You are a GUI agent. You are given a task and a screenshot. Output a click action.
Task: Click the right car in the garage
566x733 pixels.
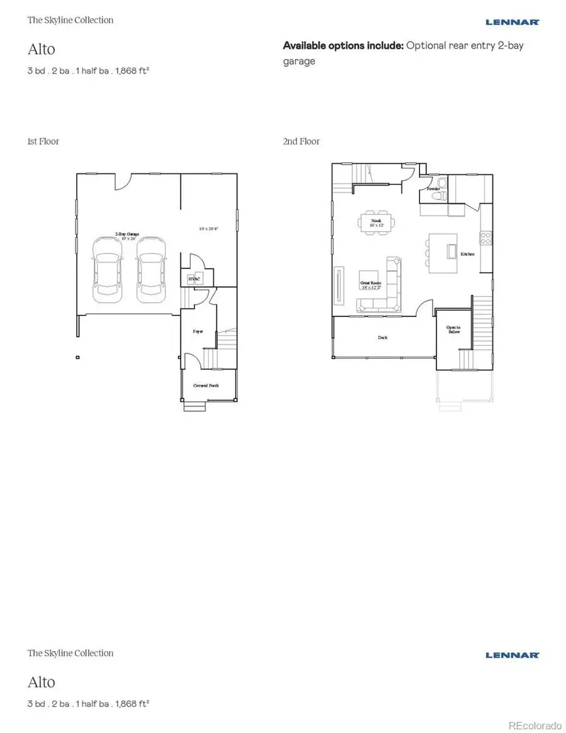150,267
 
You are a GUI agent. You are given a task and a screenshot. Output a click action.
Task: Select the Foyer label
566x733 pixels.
197,331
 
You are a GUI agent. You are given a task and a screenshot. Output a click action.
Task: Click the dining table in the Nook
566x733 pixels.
377,222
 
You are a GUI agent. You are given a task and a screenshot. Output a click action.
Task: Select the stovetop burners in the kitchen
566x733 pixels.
486,238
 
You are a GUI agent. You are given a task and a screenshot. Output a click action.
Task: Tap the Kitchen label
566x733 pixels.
467,254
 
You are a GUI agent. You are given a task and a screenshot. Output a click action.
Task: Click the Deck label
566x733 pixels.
382,337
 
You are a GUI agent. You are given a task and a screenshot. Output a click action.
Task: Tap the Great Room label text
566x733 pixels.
370,285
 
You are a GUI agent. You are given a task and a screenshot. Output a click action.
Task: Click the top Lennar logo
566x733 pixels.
513,22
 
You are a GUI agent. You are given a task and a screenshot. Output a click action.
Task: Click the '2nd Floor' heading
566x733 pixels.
301,142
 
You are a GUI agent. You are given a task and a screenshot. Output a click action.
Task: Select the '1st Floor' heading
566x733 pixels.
43,142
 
